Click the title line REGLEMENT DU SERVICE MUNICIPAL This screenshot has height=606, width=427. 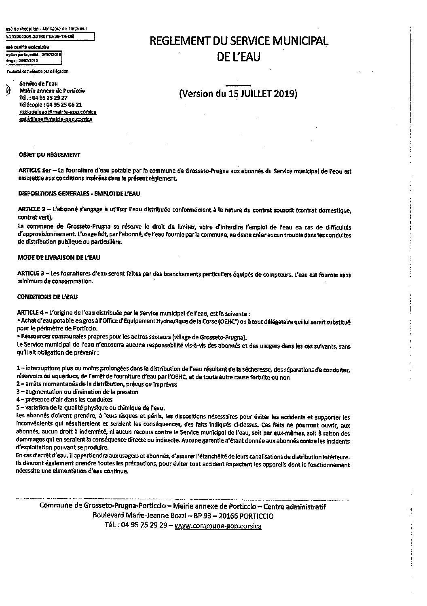click(239, 41)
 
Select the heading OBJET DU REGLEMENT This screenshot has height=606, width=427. click(50, 155)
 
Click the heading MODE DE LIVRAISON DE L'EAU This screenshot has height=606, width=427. click(59, 257)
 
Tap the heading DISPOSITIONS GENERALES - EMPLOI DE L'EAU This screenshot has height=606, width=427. click(79, 194)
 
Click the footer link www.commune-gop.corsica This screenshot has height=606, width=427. click(218, 527)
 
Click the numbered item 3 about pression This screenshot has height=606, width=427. click(77, 391)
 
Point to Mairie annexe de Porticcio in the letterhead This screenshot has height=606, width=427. click(52, 90)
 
